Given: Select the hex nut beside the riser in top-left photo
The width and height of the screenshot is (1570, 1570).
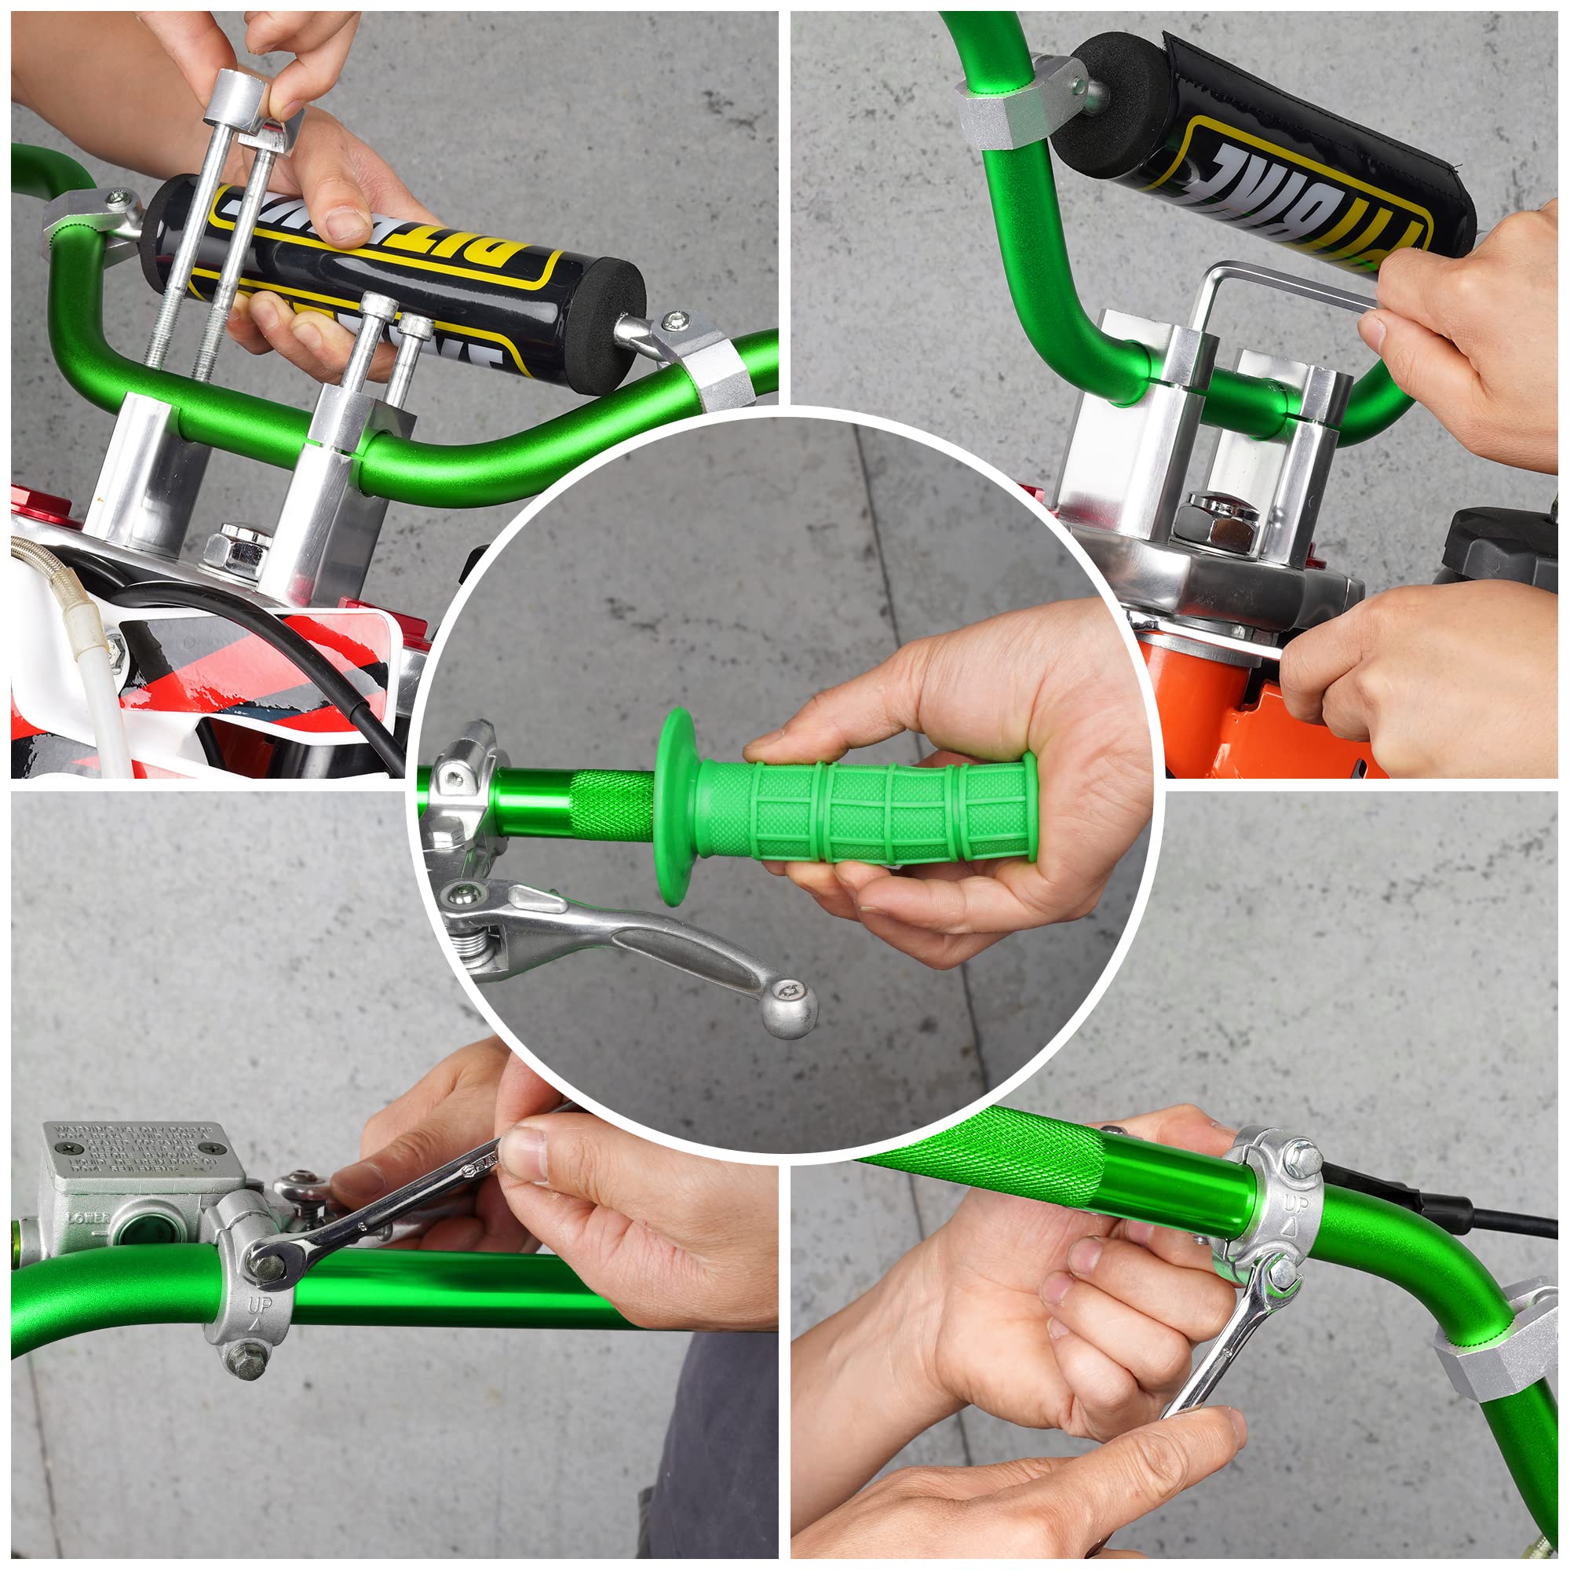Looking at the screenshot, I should tap(237, 546).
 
